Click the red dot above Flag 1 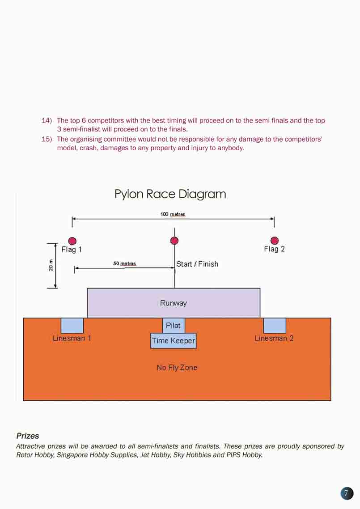point(72,241)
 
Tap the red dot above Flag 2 point(275,241)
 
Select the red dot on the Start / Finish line point(175,241)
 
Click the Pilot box point(174,326)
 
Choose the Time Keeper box point(174,340)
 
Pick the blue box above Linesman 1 point(72,326)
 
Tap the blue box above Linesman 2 point(275,326)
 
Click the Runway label point(174,303)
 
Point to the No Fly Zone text point(177,368)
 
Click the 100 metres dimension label point(173,214)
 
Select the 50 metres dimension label point(125,263)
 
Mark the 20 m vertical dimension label point(51,265)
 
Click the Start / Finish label point(197,264)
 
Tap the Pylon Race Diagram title point(170,194)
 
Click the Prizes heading point(28,436)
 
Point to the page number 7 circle point(347,493)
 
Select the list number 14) point(47,120)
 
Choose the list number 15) point(47,139)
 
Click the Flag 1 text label point(72,249)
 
